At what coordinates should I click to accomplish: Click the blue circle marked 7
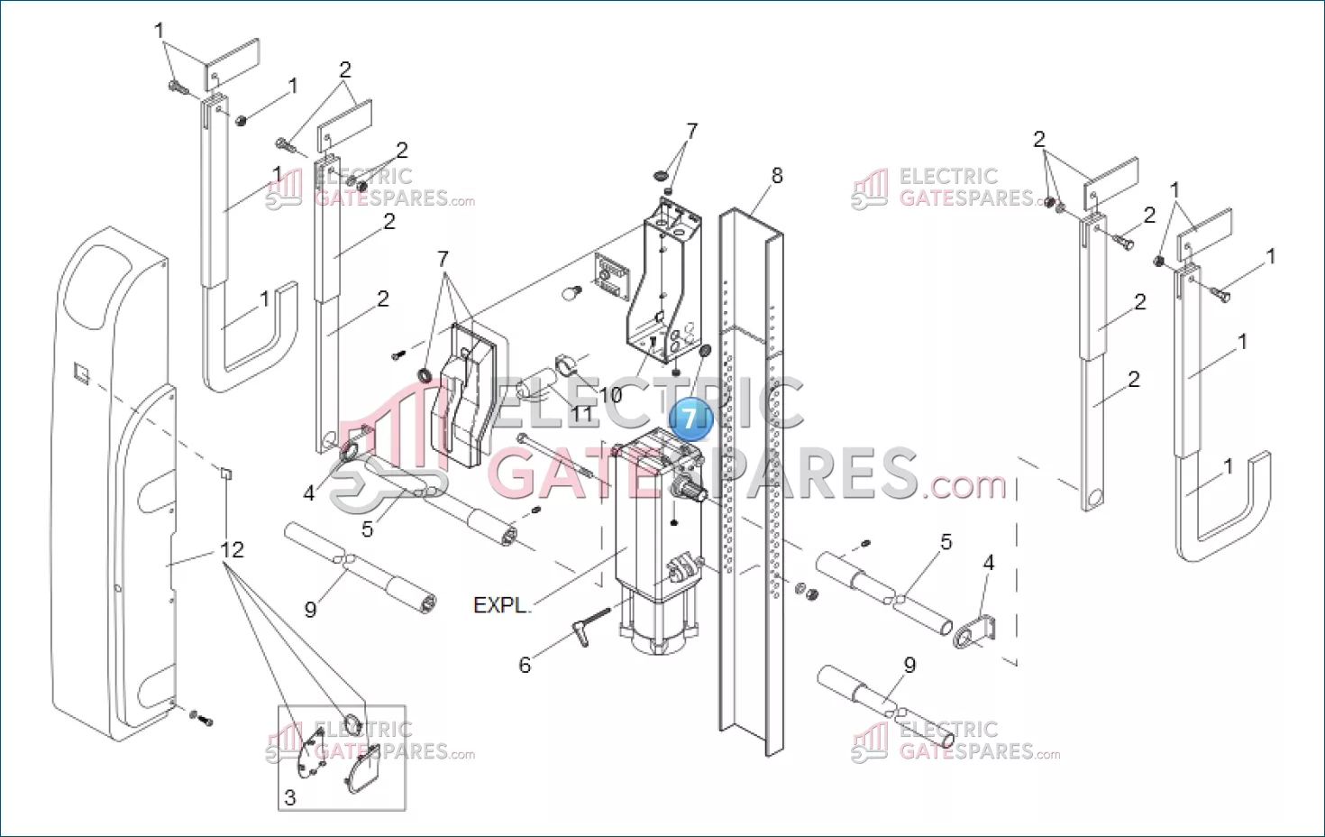(x=690, y=419)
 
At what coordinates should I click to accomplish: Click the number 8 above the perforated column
(x=777, y=176)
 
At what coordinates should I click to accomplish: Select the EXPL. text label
(x=500, y=605)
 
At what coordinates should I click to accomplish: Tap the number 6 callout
(x=525, y=666)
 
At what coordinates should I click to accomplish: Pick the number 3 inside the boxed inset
(x=290, y=798)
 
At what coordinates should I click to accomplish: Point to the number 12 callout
(x=232, y=550)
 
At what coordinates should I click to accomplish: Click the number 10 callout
(x=610, y=395)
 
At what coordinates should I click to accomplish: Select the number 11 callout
(x=580, y=414)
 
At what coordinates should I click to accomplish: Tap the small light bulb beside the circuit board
(x=574, y=292)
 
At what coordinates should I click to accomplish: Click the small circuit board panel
(x=612, y=277)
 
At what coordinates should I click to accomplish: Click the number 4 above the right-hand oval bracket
(x=989, y=563)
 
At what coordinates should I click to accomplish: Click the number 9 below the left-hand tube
(x=311, y=609)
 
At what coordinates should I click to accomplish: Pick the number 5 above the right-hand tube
(x=946, y=542)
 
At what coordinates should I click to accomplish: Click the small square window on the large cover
(x=81, y=373)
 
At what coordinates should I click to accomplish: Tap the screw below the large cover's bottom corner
(x=201, y=719)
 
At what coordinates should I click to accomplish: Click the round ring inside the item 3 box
(x=352, y=722)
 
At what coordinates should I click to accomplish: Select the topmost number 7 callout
(x=691, y=131)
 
